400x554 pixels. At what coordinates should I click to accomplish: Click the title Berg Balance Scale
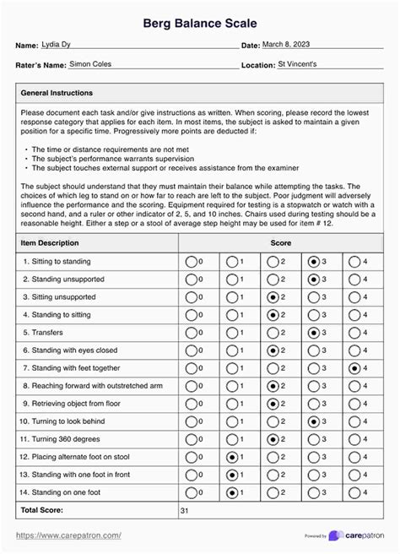coord(199,23)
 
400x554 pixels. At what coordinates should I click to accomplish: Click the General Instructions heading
coord(57,93)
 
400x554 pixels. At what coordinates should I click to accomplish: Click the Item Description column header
coord(56,243)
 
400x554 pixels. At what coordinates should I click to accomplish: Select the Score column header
coord(281,243)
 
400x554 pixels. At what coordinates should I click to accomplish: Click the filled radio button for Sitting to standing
coord(315,262)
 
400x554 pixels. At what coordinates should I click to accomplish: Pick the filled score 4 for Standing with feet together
coord(354,368)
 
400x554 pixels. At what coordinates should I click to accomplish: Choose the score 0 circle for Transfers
coord(191,333)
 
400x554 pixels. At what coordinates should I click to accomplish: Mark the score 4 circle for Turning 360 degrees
coord(354,439)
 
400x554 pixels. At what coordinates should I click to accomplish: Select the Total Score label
coord(42,510)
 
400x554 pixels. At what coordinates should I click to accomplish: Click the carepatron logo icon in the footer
coord(336,536)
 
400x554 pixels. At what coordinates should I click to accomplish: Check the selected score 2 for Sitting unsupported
coord(273,297)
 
